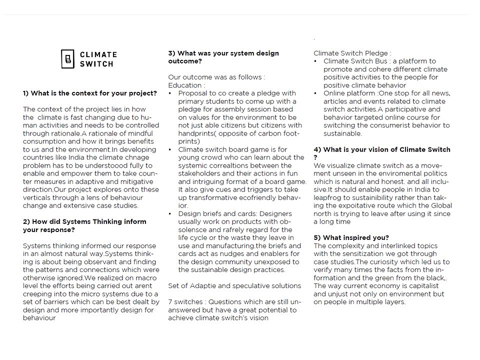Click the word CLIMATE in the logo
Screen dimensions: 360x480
pos(98,54)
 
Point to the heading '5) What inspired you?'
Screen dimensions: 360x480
pos(351,237)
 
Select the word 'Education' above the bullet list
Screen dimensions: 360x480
pos(184,85)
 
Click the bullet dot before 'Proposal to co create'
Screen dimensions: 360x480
pos(170,93)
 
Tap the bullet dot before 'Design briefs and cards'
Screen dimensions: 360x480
pos(170,213)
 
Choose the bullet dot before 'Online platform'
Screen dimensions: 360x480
pos(316,93)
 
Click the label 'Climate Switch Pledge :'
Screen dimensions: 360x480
pos(352,53)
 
